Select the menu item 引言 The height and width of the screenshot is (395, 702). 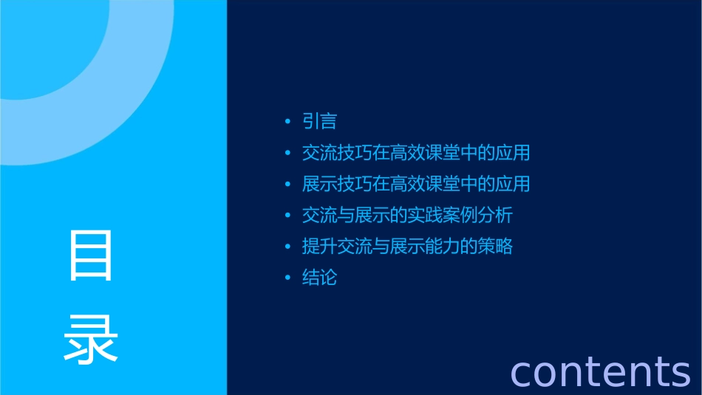[319, 121]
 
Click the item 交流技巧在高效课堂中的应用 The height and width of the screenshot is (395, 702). [416, 153]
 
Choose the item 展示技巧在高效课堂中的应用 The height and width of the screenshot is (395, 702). [416, 184]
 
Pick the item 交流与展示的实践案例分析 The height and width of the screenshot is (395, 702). [407, 216]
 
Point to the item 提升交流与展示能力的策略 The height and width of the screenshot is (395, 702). [407, 247]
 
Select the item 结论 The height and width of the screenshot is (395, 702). [319, 278]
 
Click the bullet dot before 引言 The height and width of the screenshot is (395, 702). [288, 122]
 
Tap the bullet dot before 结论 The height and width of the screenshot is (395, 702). [288, 278]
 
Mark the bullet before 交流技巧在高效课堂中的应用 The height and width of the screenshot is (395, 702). [288, 154]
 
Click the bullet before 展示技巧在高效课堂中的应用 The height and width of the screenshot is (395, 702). [288, 185]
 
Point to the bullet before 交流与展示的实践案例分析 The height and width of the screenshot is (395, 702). [288, 216]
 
